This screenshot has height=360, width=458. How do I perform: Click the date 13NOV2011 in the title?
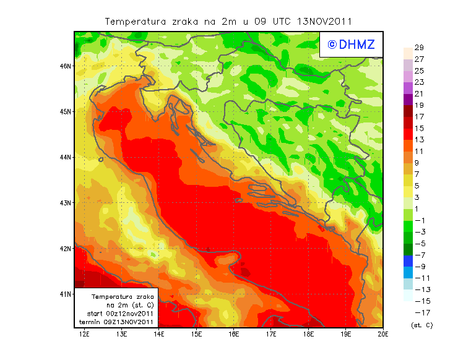coord(325,22)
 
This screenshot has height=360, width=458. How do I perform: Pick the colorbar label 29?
coord(418,48)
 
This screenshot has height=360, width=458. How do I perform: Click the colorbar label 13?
coord(418,140)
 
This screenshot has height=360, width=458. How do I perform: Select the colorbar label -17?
coord(418,312)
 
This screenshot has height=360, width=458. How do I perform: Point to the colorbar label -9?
coord(418,267)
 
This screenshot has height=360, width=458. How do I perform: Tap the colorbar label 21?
coord(418,94)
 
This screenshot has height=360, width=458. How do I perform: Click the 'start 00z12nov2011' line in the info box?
coord(117,314)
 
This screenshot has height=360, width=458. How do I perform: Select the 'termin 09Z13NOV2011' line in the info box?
coord(117,322)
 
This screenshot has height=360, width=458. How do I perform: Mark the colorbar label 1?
coord(418,209)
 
